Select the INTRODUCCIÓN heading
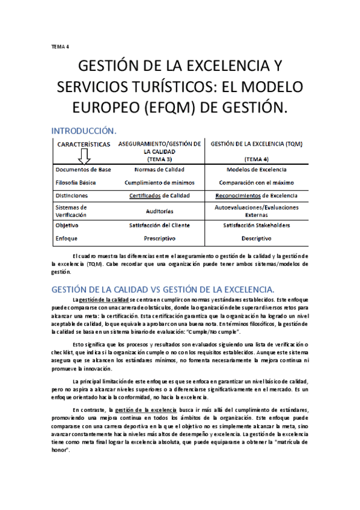coord(84,131)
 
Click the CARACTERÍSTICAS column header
coord(84,144)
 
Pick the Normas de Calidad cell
coord(159,170)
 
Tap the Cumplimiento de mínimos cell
coord(159,182)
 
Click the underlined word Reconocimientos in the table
coord(238,195)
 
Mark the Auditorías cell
coord(159,211)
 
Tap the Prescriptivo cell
coord(159,238)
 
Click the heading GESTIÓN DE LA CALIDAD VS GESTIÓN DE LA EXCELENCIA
coord(162,288)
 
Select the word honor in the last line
coord(60,449)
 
